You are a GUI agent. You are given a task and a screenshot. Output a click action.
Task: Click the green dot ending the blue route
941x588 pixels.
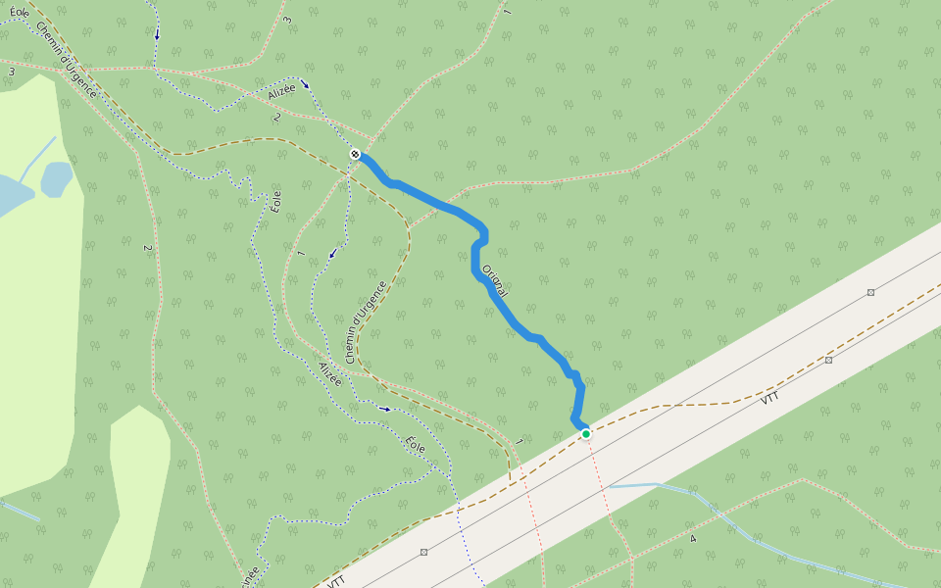coord(586,433)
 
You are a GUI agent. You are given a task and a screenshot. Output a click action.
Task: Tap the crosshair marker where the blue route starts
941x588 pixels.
coord(355,154)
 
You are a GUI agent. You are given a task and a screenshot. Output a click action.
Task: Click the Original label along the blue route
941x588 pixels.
coord(495,279)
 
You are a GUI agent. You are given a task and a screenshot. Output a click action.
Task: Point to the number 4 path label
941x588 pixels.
coord(692,539)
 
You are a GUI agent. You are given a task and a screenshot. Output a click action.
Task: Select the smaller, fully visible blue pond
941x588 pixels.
coord(56,178)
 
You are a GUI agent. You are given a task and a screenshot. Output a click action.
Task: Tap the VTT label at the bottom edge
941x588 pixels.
coord(336,580)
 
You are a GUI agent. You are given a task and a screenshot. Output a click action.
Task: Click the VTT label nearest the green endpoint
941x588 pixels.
coord(769,399)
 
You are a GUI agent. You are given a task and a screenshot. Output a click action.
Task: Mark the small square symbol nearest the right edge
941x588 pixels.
coord(870,292)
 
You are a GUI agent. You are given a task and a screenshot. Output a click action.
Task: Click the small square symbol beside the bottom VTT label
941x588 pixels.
coord(423,552)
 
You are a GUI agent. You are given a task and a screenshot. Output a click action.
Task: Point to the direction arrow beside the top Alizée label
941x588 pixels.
coord(305,83)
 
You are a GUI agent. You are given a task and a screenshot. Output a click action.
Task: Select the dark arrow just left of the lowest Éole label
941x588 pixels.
coord(384,408)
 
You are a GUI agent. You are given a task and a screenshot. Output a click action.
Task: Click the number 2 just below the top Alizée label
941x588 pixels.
coord(277,118)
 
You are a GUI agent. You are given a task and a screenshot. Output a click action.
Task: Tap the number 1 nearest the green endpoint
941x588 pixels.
coord(519,442)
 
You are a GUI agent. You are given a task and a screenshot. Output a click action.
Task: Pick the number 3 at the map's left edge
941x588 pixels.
coord(12,72)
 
